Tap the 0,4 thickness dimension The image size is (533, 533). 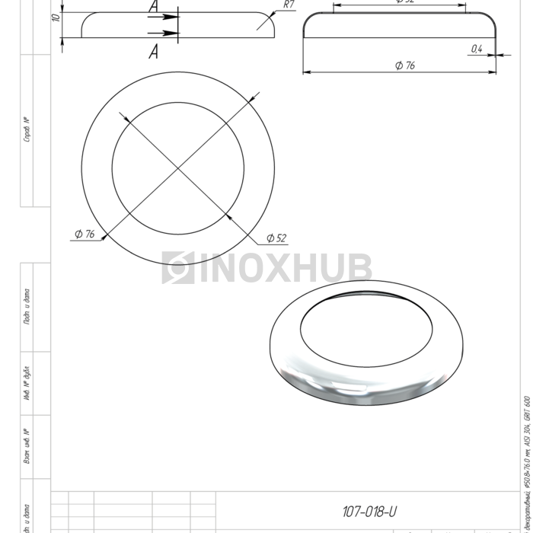(477, 49)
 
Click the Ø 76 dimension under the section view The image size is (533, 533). (404, 66)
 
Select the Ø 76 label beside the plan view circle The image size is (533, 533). (85, 235)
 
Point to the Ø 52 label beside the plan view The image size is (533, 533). (276, 238)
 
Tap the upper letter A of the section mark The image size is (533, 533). (153, 6)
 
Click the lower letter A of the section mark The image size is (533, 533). (153, 52)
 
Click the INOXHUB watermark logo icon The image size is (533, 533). (177, 268)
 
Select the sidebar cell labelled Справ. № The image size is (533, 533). (27, 130)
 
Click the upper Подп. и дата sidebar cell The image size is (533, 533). (27, 307)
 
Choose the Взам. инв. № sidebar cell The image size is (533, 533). (27, 447)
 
